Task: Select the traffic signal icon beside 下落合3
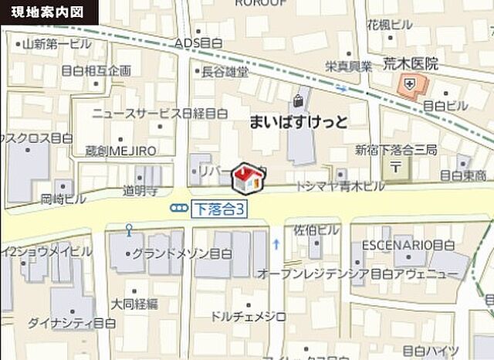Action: [x=180, y=208]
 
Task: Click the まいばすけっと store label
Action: [x=299, y=122]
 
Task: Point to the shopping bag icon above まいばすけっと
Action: [x=298, y=100]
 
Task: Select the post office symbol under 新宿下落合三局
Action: [x=395, y=165]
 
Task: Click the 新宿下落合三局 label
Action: [x=385, y=148]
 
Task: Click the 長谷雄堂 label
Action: [x=225, y=72]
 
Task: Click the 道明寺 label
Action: [x=140, y=189]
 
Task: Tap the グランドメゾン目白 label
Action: [x=179, y=253]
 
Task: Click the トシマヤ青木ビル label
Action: [x=341, y=187]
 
